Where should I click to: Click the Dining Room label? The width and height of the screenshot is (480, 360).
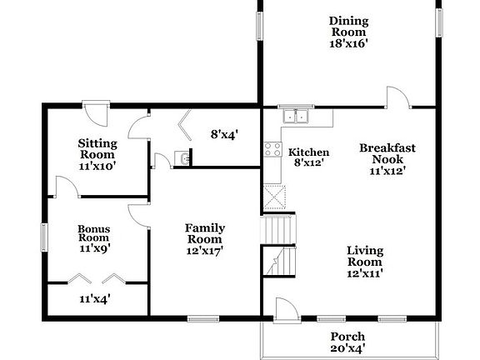(x=348, y=26)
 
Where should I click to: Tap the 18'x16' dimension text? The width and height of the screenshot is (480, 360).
(x=348, y=43)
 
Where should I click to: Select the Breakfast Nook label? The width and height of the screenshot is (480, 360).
(x=387, y=153)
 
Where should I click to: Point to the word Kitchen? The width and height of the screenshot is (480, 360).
(x=308, y=152)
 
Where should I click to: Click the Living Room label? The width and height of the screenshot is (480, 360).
(x=365, y=254)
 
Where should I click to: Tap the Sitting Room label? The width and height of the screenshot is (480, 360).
(x=97, y=148)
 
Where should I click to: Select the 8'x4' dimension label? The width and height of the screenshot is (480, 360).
(x=224, y=132)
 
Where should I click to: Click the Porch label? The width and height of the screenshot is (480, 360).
(x=348, y=337)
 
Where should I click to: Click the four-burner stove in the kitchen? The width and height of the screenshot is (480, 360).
(x=272, y=150)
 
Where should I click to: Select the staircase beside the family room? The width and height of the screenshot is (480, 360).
(x=280, y=246)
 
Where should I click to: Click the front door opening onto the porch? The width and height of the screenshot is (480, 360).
(x=285, y=310)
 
